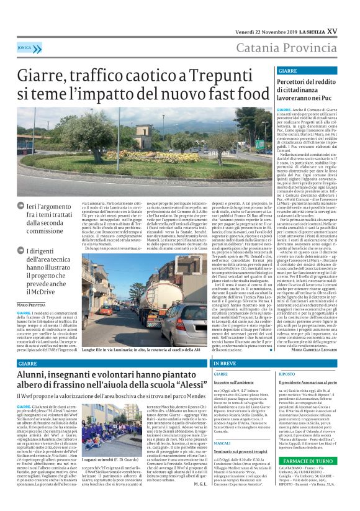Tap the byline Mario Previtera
pos(30,304)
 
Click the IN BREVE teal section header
pos(225,363)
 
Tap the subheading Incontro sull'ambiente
pos(233,383)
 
